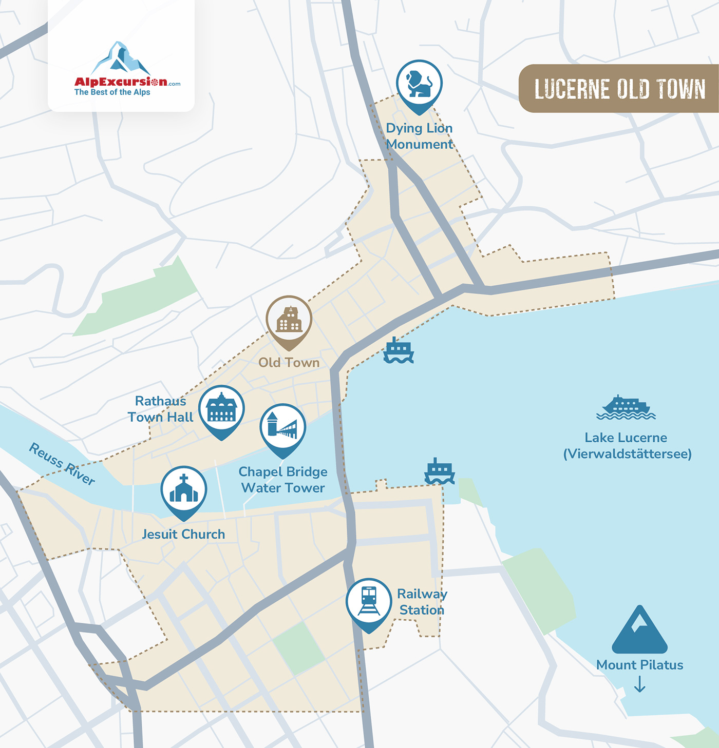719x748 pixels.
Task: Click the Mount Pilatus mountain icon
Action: click(x=639, y=631)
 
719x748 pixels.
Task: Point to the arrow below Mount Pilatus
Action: click(x=639, y=684)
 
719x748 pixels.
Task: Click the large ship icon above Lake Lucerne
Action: click(x=626, y=408)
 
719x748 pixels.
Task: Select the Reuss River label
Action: click(x=62, y=464)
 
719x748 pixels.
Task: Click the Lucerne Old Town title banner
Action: click(x=619, y=89)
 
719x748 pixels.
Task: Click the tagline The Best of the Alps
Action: click(x=112, y=92)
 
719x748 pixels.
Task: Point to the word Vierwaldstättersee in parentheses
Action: click(x=627, y=454)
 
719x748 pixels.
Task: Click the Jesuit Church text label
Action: click(x=183, y=534)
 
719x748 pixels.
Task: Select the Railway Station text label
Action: click(x=422, y=602)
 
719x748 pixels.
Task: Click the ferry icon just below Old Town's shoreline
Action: click(x=399, y=351)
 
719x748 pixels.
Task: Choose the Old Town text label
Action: click(x=289, y=363)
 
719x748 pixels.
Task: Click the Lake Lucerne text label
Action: click(x=626, y=438)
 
